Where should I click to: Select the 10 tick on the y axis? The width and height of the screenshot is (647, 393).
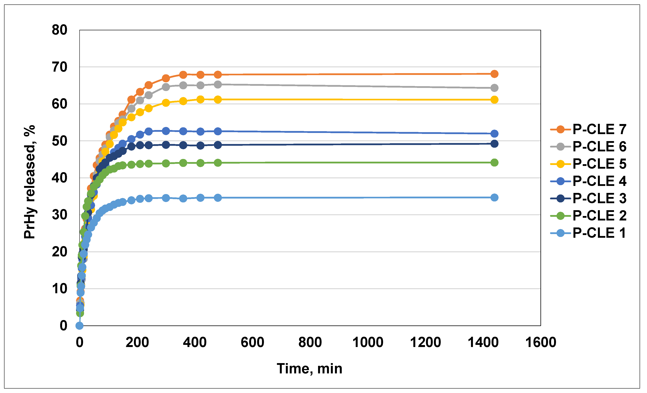tap(60, 289)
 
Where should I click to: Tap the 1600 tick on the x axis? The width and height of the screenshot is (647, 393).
tap(541, 343)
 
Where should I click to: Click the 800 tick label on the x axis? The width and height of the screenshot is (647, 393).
tap(310, 343)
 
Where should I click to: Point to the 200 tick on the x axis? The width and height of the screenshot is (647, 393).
tap(137, 343)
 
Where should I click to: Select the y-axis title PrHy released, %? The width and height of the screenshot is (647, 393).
tap(29, 182)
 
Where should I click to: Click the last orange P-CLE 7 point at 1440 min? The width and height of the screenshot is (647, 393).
tap(494, 74)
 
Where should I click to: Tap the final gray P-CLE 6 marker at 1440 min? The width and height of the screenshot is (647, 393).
tap(494, 88)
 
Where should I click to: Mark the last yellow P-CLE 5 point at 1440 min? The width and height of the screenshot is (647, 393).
tap(494, 100)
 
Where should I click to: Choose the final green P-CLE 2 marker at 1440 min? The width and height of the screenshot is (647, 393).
tap(494, 163)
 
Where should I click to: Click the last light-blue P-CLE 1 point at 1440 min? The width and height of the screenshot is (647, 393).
tap(494, 198)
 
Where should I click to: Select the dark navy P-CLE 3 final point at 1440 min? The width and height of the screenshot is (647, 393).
tap(494, 144)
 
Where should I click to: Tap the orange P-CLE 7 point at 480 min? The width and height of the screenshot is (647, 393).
tap(218, 75)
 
